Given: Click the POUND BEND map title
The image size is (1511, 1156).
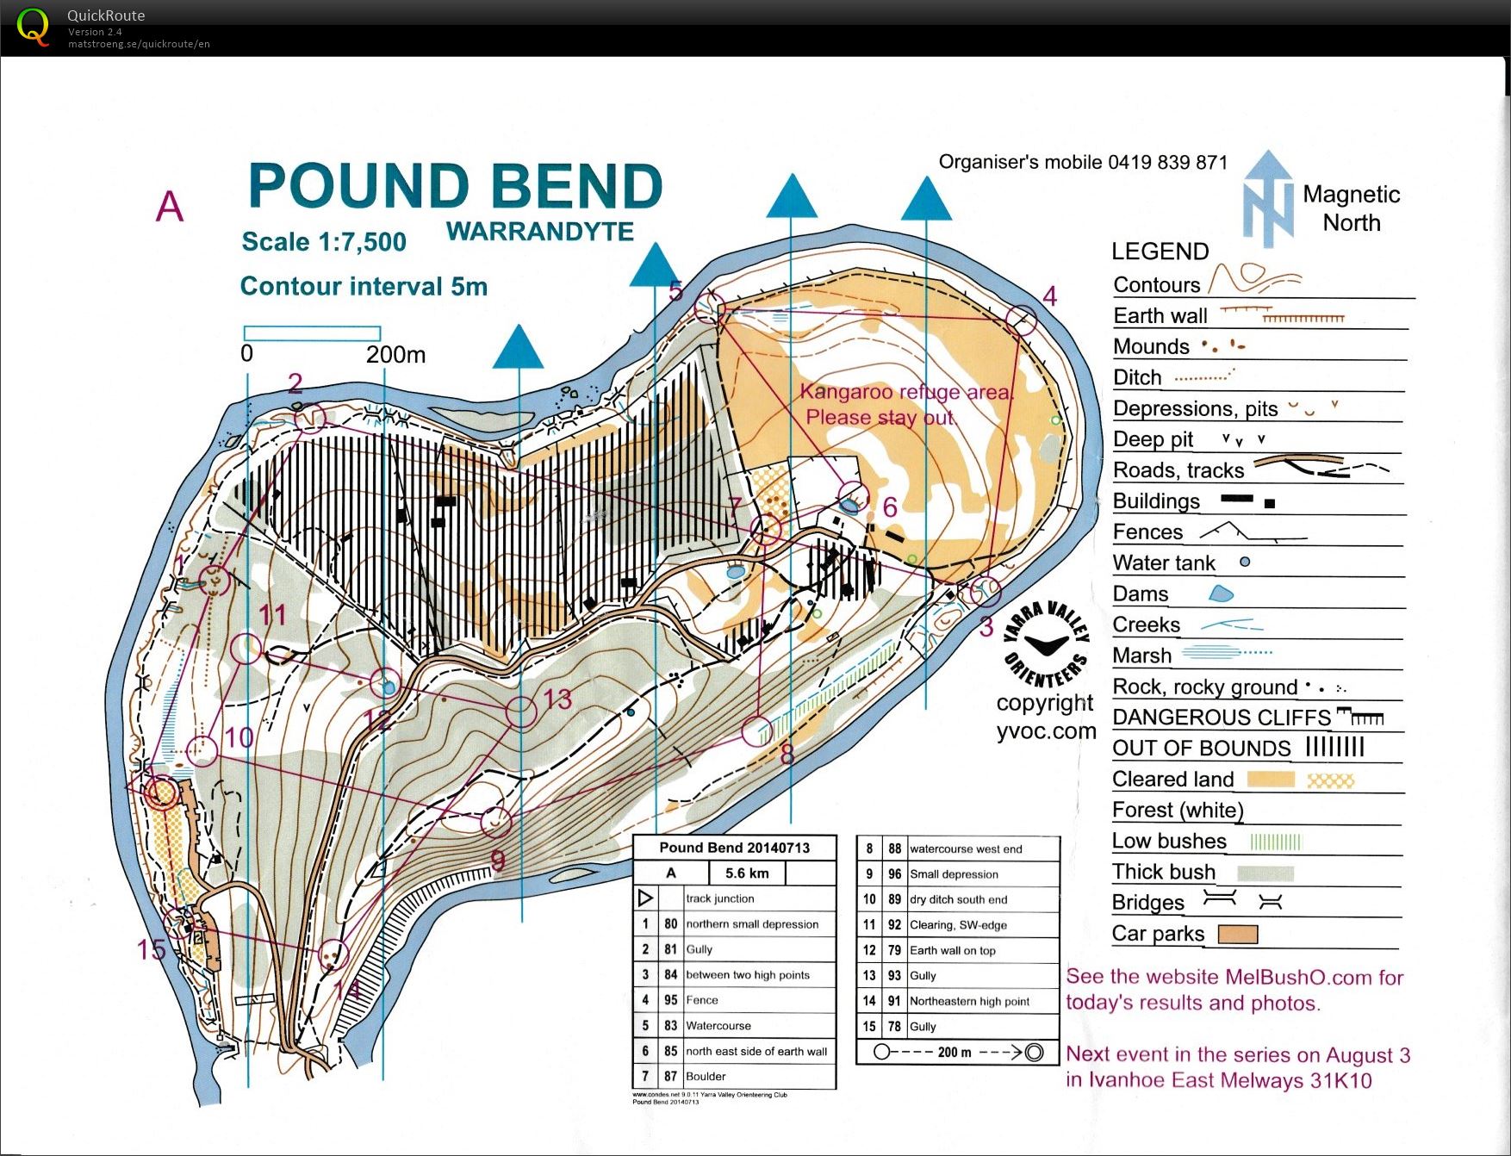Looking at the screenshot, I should [455, 186].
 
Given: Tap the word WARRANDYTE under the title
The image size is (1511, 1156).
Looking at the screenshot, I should [540, 232].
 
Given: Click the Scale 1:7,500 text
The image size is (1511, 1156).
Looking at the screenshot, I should [324, 242].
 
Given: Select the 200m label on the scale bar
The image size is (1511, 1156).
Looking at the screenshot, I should [395, 354].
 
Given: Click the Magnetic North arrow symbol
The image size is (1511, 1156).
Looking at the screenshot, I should [1267, 199].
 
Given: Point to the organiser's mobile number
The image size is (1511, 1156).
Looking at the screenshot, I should [1168, 162].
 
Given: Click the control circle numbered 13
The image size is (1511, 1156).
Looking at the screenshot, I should [521, 712].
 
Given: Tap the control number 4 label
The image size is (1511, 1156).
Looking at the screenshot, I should [1049, 296].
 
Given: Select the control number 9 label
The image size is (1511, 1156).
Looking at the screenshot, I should [497, 860].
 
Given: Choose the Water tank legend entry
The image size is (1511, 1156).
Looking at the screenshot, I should [1164, 563].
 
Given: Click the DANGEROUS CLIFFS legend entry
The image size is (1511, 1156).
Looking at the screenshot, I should [1222, 718].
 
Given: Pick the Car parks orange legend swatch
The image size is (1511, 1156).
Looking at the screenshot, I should [1237, 934].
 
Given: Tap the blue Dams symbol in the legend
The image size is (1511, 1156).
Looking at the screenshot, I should [1221, 594].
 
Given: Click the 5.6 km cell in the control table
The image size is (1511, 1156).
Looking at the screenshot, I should [747, 873].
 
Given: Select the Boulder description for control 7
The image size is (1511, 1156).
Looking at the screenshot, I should [706, 1077].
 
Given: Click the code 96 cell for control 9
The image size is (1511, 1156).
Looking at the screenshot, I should [895, 874].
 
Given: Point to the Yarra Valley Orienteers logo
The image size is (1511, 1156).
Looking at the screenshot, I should [1048, 646].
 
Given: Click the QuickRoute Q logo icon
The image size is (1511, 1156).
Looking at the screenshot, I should [33, 28].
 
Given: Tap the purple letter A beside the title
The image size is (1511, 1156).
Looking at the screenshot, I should [170, 207].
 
